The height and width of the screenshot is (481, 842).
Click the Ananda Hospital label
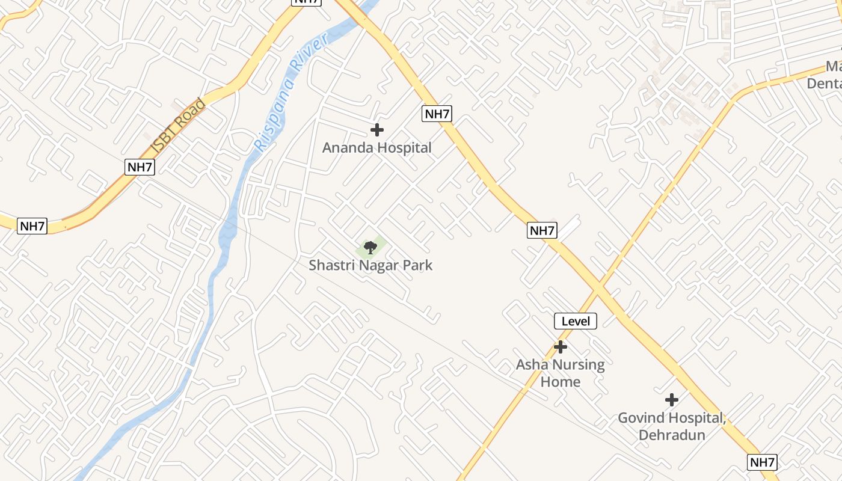pos(377,147)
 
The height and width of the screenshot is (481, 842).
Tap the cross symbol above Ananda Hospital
pos(377,129)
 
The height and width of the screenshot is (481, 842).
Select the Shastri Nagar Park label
pos(370,265)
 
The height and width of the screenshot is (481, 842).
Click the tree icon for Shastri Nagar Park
pos(370,247)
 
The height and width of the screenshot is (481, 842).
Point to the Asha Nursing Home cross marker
pos(561,347)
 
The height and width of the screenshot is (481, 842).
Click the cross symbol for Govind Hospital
pos(672,400)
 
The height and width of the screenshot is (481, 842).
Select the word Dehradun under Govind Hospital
pos(672,435)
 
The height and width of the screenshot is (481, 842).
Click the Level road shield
pos(576,321)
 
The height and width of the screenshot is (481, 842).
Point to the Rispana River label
pos(291,92)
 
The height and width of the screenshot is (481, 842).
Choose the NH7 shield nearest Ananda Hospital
pos(437,114)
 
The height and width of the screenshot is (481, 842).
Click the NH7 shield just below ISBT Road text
pos(140,167)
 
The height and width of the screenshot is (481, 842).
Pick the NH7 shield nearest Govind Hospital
pos(763,462)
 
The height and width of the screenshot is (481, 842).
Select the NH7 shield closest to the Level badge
pos(542,230)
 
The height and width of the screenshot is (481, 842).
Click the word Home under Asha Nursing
pos(560,382)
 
